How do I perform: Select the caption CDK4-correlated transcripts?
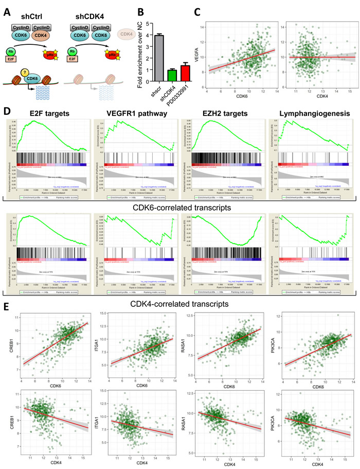pyautogui.click(x=179, y=305)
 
